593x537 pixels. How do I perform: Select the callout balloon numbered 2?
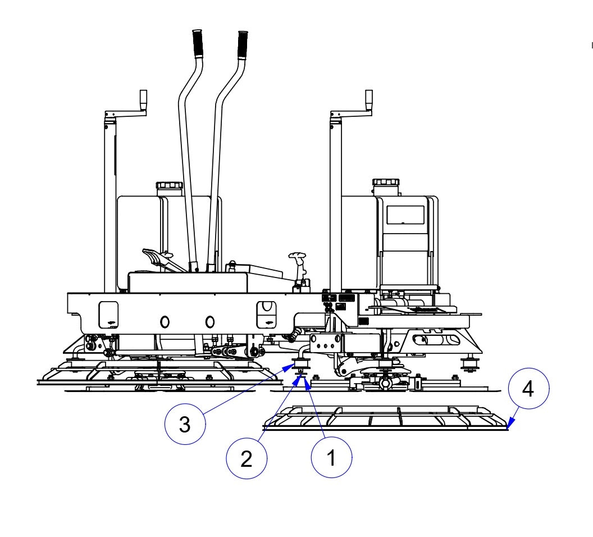(246, 459)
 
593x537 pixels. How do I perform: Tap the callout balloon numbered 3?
(185, 425)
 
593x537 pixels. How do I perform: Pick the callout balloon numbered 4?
(528, 389)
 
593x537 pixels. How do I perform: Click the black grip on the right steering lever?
(242, 44)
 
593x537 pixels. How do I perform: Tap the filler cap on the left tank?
(169, 185)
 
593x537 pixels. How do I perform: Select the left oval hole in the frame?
(165, 321)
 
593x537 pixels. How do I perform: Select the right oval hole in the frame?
(209, 321)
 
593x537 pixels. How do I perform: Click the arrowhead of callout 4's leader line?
(507, 427)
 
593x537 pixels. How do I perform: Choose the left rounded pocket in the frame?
(110, 315)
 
